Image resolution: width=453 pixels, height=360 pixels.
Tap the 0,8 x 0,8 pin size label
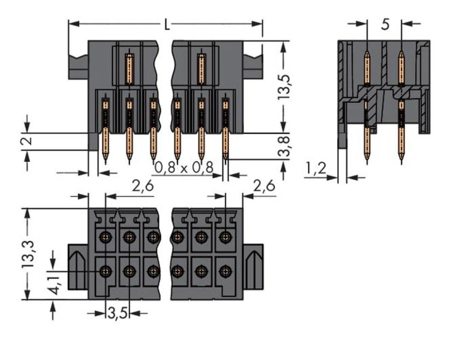pos(183,168)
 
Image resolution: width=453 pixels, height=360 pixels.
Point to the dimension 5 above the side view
pos(385,24)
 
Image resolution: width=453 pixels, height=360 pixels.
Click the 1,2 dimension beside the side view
pos(316,169)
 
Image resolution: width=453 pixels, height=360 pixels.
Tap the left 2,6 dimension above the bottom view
pos(142,186)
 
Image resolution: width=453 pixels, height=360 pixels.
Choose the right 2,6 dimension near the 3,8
pos(265,186)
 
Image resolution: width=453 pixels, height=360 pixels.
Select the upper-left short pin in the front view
pos(130,68)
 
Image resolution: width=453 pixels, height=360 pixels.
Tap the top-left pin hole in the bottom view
pos(106,236)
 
